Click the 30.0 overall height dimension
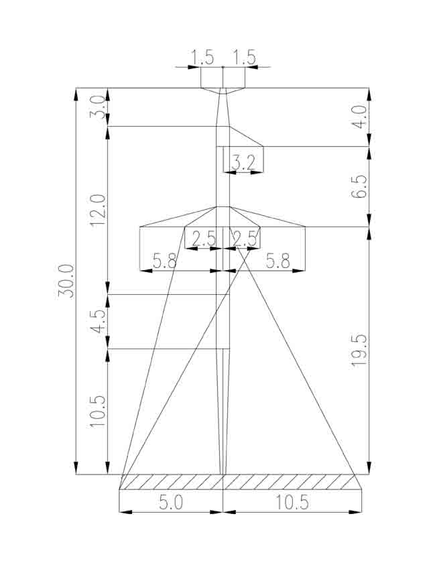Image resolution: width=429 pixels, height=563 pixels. [66, 281]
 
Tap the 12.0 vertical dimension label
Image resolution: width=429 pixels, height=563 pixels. [98, 210]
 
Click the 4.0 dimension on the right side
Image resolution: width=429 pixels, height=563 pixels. [359, 117]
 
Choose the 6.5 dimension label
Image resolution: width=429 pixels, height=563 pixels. [359, 186]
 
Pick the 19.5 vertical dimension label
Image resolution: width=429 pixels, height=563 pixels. [359, 350]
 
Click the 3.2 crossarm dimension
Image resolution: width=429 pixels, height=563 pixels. [243, 164]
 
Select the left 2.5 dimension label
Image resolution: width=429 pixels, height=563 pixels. [204, 239]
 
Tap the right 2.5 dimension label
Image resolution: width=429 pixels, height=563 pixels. [245, 239]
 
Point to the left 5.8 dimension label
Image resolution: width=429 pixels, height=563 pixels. [165, 261]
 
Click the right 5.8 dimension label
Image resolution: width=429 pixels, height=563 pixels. [278, 261]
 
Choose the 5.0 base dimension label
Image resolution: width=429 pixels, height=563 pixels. [171, 502]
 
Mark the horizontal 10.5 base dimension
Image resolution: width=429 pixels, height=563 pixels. [292, 502]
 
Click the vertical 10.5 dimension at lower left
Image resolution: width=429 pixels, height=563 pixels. [98, 412]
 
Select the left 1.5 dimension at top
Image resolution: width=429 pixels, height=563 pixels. [202, 58]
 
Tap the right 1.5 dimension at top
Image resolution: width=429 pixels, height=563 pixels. [244, 58]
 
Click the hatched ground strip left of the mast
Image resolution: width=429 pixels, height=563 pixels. [171, 482]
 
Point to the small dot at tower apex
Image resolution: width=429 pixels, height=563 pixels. [223, 67]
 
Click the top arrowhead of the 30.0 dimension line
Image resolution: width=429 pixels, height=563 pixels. [76, 95]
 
